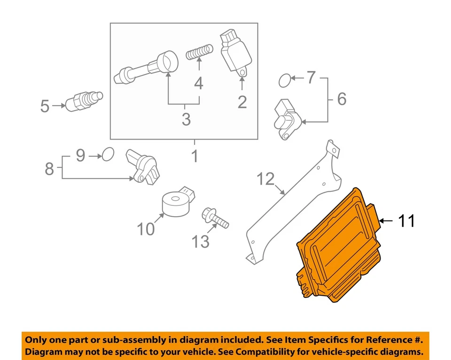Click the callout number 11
click(x=406, y=220)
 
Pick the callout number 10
click(x=146, y=229)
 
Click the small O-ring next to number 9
click(x=108, y=154)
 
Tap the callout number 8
click(x=49, y=169)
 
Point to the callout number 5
click(x=45, y=106)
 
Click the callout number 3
click(x=186, y=119)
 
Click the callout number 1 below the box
click(x=194, y=156)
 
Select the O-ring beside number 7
click(x=285, y=81)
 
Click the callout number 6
click(x=342, y=99)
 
